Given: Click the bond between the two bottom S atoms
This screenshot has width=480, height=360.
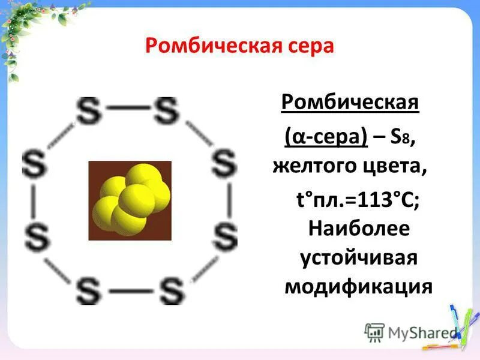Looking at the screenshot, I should tap(130, 292).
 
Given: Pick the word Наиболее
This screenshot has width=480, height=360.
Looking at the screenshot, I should tap(358, 229).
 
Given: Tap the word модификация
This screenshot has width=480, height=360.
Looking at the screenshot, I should tap(358, 286).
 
